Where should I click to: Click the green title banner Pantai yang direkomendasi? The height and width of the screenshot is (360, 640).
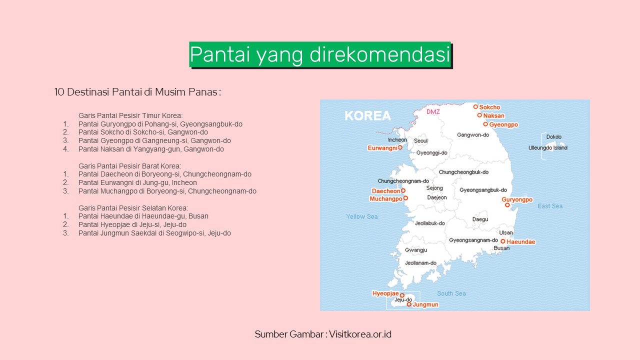[320, 55]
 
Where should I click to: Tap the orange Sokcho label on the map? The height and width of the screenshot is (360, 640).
[489, 107]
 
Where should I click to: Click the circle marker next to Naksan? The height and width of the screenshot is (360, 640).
[479, 115]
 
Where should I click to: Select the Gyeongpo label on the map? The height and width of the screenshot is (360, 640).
[503, 124]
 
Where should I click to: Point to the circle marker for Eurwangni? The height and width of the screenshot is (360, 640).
[400, 147]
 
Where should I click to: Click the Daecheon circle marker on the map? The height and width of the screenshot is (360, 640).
[403, 190]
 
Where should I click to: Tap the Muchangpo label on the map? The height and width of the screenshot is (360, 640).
[385, 199]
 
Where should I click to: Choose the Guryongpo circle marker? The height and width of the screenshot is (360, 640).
[507, 205]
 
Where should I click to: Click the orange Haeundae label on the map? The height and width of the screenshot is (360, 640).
[521, 241]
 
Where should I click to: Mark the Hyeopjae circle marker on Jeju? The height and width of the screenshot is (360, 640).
[402, 295]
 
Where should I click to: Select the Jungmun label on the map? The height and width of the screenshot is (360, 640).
[425, 304]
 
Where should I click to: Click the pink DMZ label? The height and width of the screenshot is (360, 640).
[433, 111]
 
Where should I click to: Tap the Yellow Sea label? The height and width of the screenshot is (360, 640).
[362, 216]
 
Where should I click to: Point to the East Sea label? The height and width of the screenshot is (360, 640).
[550, 206]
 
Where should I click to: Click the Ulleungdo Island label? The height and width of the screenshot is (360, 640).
[547, 147]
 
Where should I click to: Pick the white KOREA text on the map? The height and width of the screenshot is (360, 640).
[367, 115]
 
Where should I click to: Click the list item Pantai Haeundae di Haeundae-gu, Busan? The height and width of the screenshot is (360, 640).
[143, 216]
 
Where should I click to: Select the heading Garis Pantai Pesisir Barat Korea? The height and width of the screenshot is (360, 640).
[129, 166]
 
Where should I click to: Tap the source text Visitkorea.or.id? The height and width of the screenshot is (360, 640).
[360, 334]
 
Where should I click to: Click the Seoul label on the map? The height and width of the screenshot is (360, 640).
[421, 141]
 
